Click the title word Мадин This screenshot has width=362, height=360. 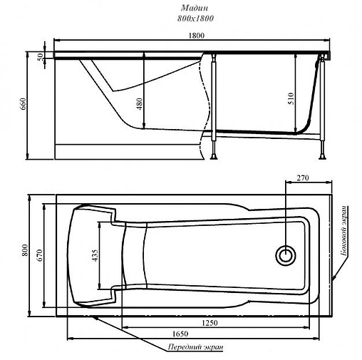(x=195, y=8)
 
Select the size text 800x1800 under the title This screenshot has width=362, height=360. (x=195, y=19)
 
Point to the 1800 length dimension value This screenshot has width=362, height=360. (x=197, y=36)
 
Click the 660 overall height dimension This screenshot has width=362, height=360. (x=24, y=104)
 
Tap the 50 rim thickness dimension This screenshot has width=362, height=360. (x=41, y=56)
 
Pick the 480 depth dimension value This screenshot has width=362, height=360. (x=140, y=104)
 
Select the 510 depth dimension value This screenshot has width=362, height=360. (x=291, y=98)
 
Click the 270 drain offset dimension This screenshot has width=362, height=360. (x=303, y=178)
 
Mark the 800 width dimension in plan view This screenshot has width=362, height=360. (x=25, y=250)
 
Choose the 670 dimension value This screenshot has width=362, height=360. (x=39, y=255)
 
